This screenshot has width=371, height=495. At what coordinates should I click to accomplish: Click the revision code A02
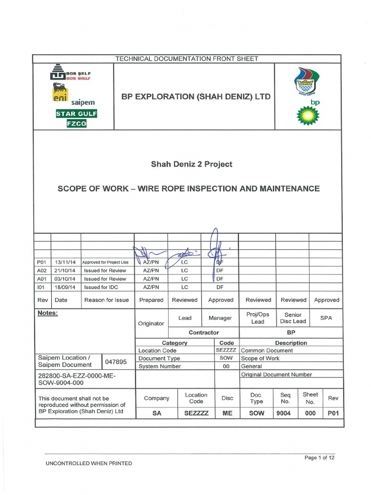(x=42, y=270)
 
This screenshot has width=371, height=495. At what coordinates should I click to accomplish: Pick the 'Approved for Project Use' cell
(x=105, y=262)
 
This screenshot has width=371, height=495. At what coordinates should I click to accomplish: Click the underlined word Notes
(x=47, y=313)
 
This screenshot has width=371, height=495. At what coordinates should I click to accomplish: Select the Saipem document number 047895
(x=115, y=362)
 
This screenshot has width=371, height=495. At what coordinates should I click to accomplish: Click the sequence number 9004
(x=285, y=413)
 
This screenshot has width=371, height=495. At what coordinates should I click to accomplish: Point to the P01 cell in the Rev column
(x=333, y=413)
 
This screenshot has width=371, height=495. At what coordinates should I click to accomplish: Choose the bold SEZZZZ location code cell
(x=196, y=413)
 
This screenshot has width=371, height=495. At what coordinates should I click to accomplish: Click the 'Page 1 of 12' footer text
(x=319, y=457)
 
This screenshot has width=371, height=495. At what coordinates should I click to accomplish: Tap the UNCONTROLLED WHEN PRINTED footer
(x=88, y=463)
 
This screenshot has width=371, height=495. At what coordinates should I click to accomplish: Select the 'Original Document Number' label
(x=276, y=374)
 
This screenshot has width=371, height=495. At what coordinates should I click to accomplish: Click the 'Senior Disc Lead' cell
(x=293, y=318)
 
